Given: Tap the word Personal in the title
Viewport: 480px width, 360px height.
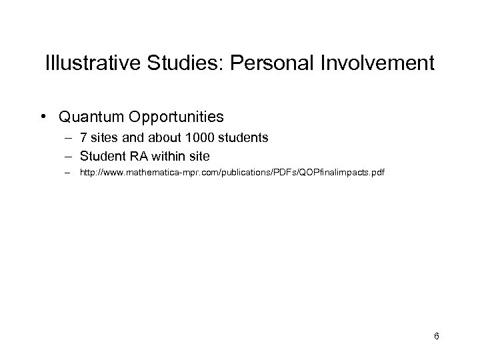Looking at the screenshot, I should coord(263,64).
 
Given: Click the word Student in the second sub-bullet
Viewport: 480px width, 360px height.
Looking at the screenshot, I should coord(101,156).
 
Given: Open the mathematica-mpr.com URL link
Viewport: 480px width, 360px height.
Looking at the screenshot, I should coord(232,173).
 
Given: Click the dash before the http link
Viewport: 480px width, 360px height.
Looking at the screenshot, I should coord(68,172).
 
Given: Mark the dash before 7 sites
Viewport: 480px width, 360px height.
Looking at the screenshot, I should coord(68,138).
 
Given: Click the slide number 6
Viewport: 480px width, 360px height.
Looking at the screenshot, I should coord(436,336).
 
